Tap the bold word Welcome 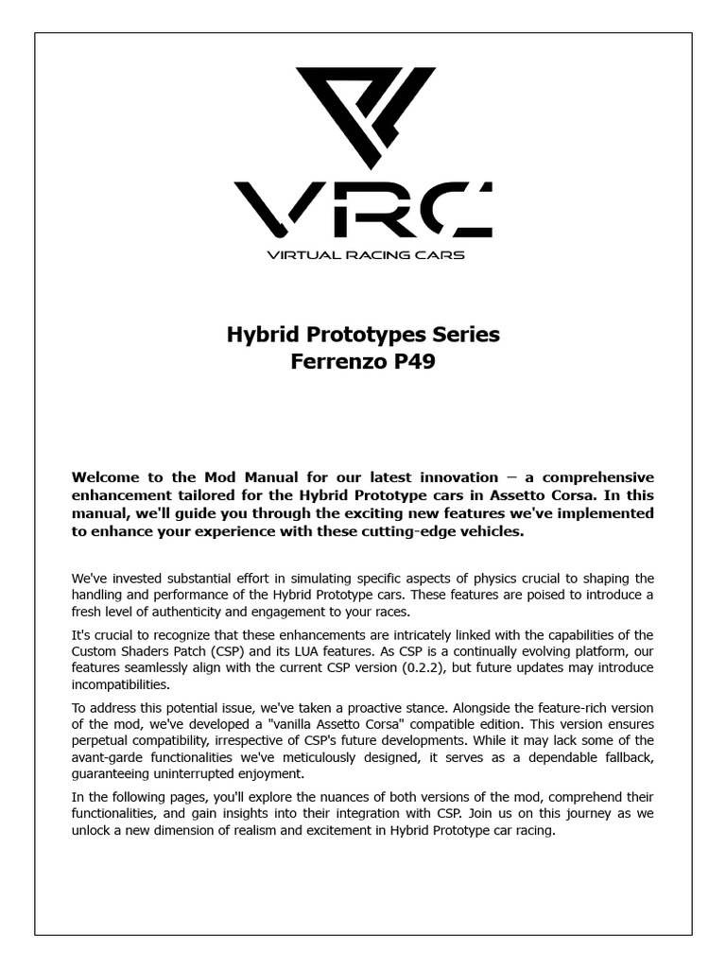[x=108, y=476]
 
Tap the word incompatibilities [x=121, y=684]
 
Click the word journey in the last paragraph [x=563, y=815]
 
